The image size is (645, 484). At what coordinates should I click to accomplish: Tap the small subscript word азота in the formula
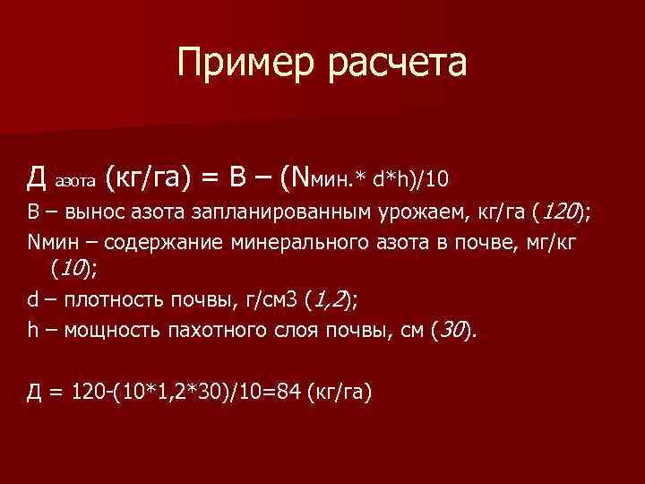point(74,181)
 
